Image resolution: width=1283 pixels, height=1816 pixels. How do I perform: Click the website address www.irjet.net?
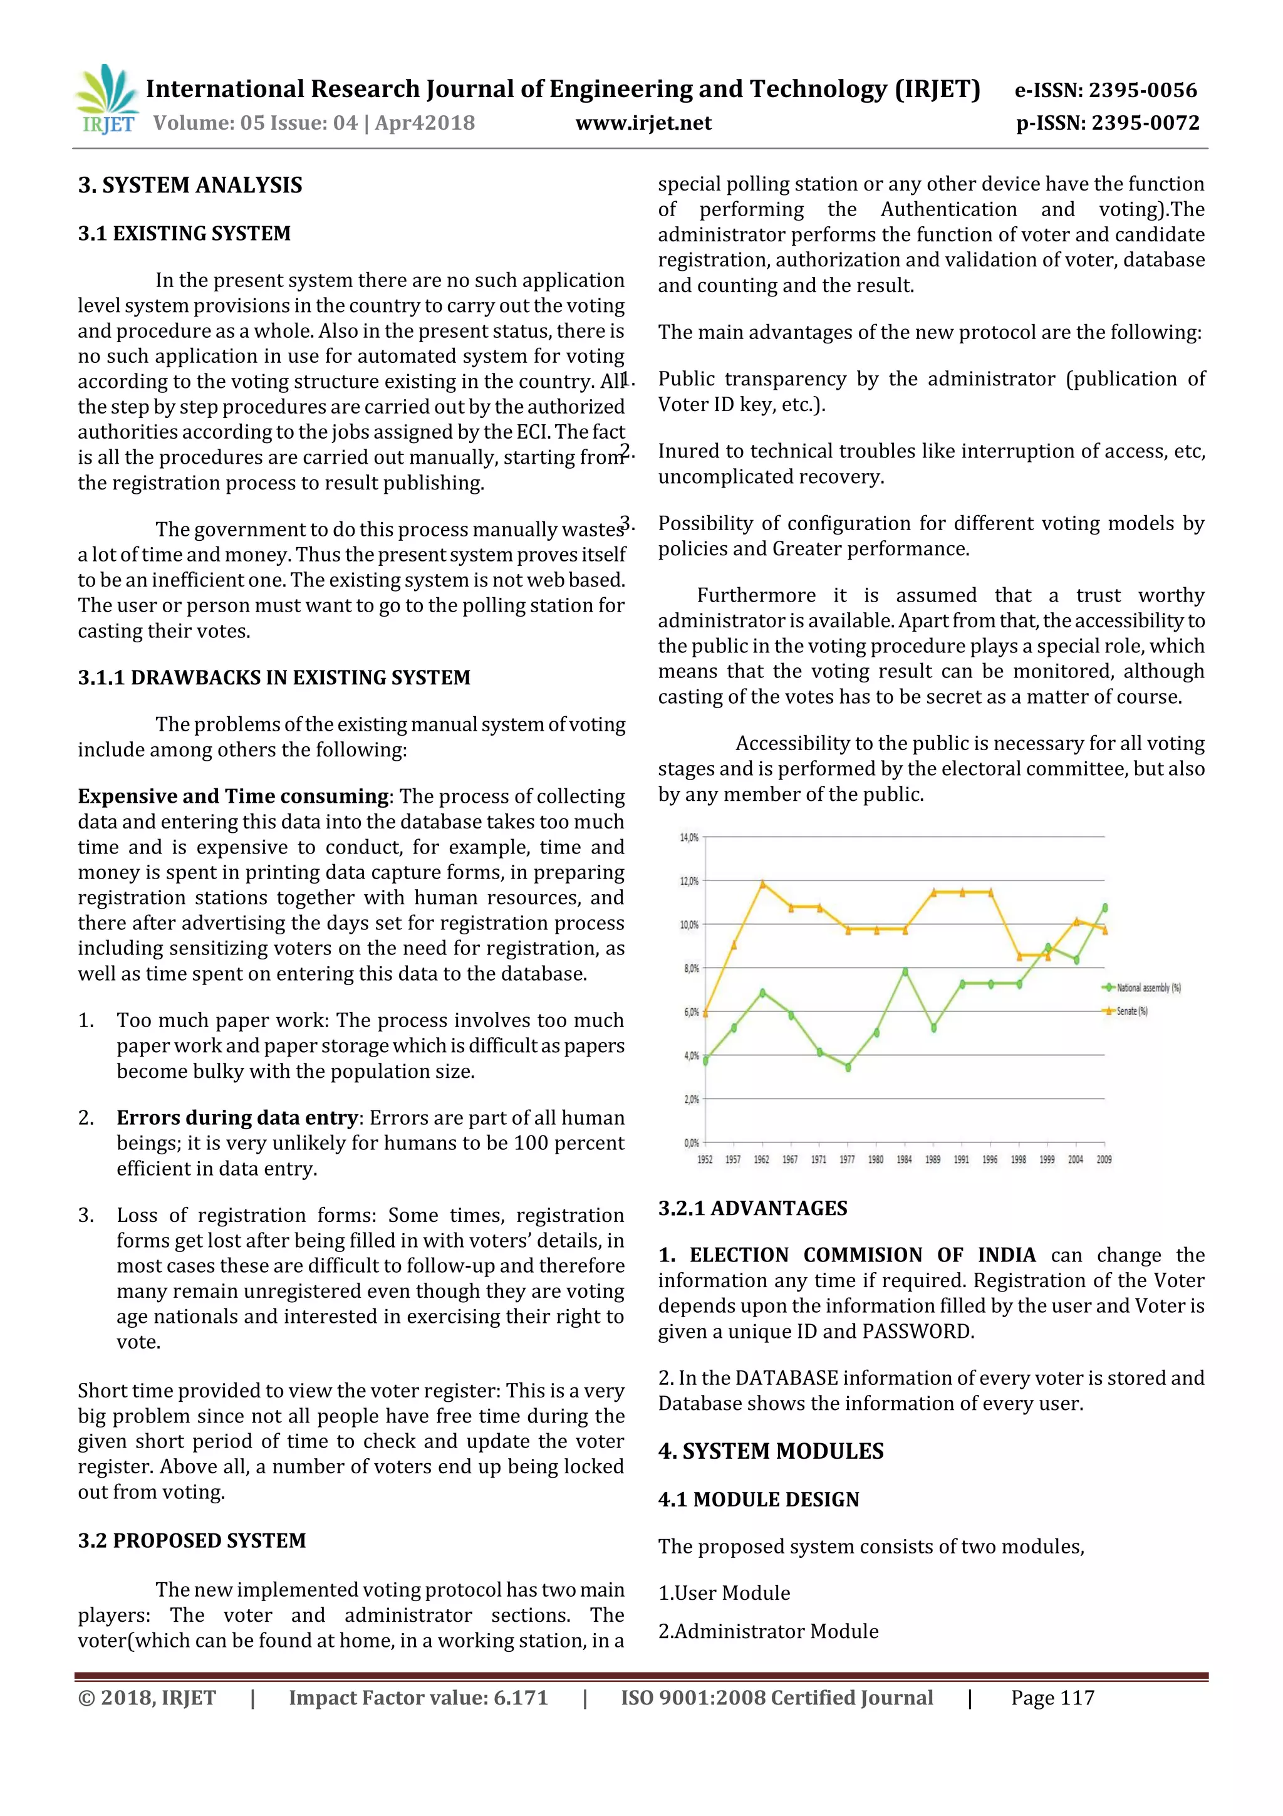pyautogui.click(x=643, y=123)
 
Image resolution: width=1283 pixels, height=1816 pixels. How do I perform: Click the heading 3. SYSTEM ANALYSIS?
pyautogui.click(x=190, y=185)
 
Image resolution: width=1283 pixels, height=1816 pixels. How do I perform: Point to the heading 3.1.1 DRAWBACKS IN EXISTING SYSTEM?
pyautogui.click(x=274, y=678)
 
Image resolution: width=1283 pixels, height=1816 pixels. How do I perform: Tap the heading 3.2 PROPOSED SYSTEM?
pyautogui.click(x=191, y=1541)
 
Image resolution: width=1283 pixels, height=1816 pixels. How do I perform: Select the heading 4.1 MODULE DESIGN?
pyautogui.click(x=758, y=1500)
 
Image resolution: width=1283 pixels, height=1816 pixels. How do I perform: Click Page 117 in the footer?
pyautogui.click(x=1052, y=1698)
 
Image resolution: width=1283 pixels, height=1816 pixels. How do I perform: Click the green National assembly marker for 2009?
pyautogui.click(x=1104, y=908)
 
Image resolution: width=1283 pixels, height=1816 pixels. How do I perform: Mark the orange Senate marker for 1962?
pyautogui.click(x=762, y=884)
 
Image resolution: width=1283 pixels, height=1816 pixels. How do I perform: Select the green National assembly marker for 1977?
pyautogui.click(x=848, y=1067)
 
